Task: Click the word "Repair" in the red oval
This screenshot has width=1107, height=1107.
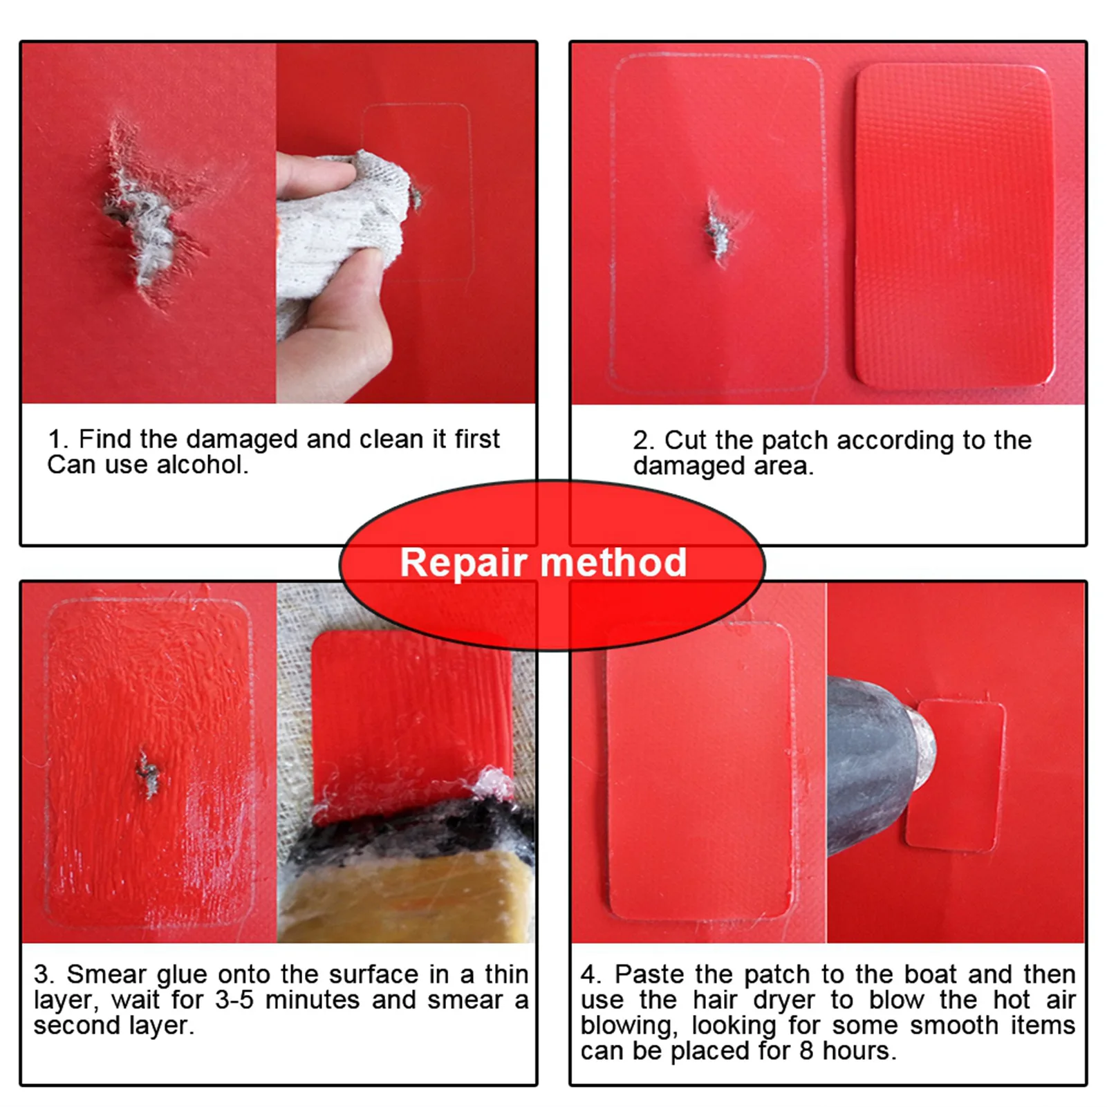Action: click(x=463, y=564)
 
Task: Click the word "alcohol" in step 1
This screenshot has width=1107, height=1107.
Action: click(x=201, y=465)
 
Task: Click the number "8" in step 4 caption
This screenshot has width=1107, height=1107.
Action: click(x=806, y=1051)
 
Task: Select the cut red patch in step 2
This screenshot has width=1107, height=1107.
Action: click(x=955, y=224)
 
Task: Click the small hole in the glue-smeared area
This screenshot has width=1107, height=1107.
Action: click(x=147, y=772)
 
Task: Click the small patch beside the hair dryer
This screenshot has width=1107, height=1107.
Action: click(x=956, y=776)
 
